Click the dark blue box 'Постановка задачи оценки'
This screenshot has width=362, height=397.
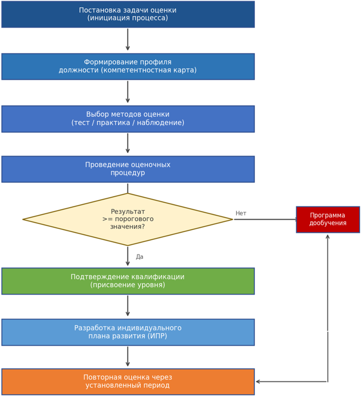tap(128, 14)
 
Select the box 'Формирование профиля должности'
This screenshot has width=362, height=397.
tap(128, 67)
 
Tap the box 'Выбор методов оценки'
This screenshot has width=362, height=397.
tap(128, 119)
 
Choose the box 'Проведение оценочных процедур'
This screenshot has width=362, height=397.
tap(128, 169)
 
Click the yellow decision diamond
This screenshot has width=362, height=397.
tap(128, 219)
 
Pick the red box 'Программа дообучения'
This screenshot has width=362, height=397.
tap(328, 219)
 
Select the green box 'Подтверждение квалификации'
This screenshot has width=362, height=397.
tap(128, 281)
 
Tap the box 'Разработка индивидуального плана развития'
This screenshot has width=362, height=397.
tap(128, 332)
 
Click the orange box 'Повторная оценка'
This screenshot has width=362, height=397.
tap(128, 382)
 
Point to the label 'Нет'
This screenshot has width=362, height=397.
tap(241, 213)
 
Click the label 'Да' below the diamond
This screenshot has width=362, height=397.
tap(139, 257)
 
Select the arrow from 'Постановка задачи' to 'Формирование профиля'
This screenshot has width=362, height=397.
tap(128, 40)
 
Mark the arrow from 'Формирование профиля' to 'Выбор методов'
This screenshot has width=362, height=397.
tap(128, 92)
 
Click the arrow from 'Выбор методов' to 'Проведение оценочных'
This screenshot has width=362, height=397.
tap(128, 143)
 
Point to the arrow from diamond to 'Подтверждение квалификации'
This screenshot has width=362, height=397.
tap(128, 256)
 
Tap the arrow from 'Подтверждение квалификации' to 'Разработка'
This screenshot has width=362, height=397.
tap(128, 306)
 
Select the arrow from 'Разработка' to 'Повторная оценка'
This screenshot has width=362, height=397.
tap(128, 356)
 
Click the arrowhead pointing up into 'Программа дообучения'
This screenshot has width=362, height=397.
tap(328, 236)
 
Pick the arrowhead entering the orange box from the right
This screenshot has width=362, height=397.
tap(258, 382)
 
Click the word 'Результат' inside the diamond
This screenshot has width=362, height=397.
tap(128, 212)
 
